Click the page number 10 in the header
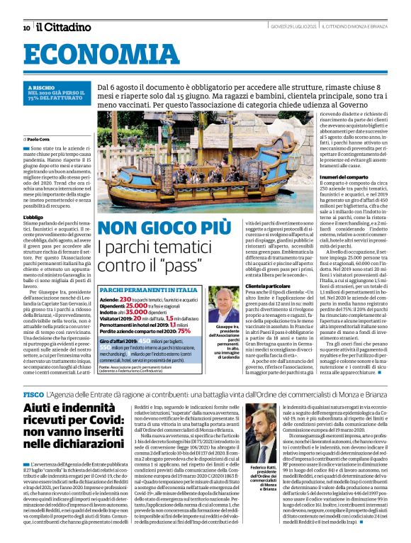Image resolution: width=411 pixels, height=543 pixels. (x=26, y=28)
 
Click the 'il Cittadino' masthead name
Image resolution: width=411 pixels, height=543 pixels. (x=64, y=28)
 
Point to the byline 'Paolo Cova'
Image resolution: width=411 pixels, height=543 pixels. (x=39, y=138)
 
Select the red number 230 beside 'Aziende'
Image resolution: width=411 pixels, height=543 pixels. (x=125, y=300)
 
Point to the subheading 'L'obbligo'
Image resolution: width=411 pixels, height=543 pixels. (x=33, y=216)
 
